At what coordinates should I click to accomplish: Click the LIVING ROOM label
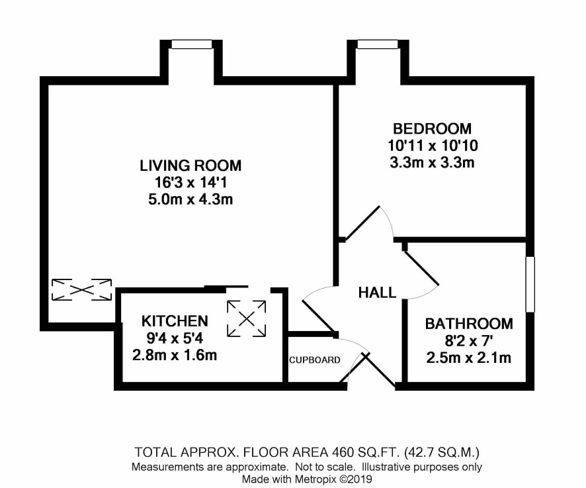190,166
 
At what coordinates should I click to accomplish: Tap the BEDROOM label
433,128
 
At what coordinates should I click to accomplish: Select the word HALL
377,293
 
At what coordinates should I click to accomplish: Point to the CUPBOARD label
315,360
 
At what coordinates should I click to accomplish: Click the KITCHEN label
175,321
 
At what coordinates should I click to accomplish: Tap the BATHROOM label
469,324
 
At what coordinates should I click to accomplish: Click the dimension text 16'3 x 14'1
190,183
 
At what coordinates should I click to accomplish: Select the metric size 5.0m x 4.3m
190,199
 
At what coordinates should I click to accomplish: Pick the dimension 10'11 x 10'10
433,146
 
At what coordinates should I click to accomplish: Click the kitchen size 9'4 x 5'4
175,338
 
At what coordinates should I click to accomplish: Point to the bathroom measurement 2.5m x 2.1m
469,358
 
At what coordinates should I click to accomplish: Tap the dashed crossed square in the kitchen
246,318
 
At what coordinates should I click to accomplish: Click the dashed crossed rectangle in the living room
81,289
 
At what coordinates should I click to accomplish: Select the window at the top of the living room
192,44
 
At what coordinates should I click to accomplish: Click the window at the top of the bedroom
378,44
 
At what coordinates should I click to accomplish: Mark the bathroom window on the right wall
530,284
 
